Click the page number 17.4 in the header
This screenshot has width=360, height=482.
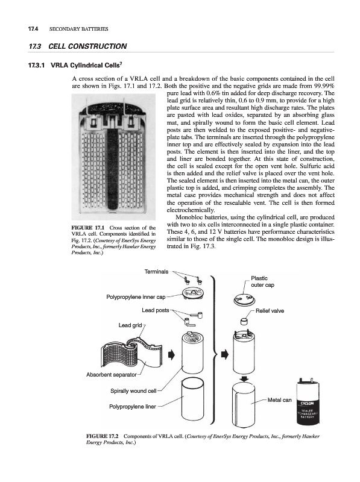click(33, 29)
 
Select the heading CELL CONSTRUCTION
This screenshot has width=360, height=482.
click(87, 46)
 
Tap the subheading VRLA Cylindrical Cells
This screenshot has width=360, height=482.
click(87, 65)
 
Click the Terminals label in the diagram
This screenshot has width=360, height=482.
click(157, 272)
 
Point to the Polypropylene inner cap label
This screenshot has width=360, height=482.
click(136, 297)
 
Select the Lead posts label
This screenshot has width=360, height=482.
click(156, 310)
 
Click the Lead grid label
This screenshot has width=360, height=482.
click(130, 325)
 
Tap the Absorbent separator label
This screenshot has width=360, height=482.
click(112, 375)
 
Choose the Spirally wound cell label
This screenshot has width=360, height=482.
click(133, 391)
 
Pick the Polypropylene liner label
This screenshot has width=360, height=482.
click(133, 407)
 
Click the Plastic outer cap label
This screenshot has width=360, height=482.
click(262, 281)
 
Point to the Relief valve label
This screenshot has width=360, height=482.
click(270, 311)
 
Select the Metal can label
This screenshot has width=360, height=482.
click(279, 400)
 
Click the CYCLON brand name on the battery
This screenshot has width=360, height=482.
click(307, 403)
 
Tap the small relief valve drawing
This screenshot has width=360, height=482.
click(244, 321)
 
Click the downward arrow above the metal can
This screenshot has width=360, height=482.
click(244, 379)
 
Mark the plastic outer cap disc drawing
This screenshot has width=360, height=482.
click(244, 299)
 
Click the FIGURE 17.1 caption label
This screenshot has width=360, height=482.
click(88, 228)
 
